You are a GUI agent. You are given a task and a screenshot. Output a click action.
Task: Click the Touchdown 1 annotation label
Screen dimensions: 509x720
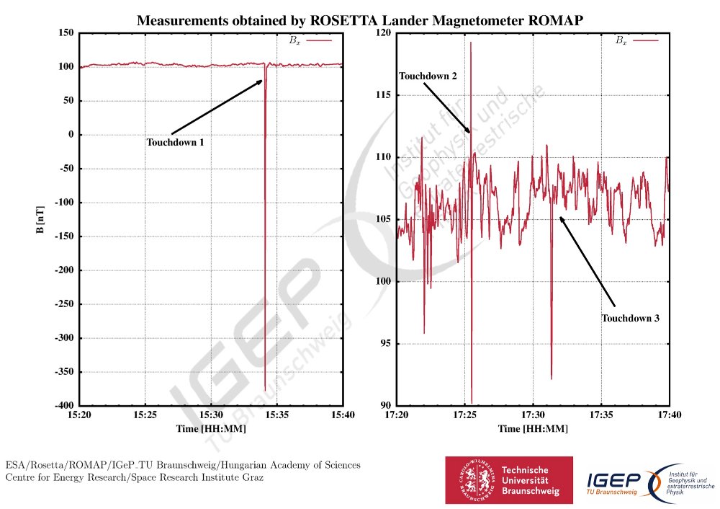pos(176,143)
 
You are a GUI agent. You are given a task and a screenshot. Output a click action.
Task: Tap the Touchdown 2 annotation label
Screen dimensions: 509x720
pos(428,76)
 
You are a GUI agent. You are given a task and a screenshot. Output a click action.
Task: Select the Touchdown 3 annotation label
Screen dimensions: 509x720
pos(631,318)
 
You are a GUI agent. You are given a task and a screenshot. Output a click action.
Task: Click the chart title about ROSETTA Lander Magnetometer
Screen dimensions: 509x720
pos(359,22)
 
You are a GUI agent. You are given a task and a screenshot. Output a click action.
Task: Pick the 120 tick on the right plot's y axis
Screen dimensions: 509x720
pos(381,33)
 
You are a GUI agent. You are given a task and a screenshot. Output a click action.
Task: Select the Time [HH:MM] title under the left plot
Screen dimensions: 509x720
pos(211,429)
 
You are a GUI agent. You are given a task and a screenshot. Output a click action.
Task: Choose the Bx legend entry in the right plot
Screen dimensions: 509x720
pos(637,41)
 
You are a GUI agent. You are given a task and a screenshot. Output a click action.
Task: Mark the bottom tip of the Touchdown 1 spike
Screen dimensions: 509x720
pos(265,390)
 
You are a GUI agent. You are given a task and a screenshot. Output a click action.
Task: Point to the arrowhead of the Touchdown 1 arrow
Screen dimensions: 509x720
pos(262,81)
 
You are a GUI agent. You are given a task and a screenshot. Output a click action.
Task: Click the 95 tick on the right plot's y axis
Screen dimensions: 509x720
pos(383,343)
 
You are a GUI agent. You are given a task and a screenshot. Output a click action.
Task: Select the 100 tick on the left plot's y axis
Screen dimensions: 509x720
pos(66,67)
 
